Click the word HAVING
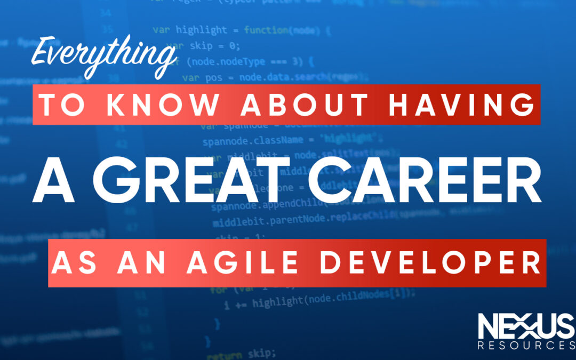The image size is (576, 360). (x=461, y=105)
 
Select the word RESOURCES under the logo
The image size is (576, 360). (x=525, y=346)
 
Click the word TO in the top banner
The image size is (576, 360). (x=59, y=105)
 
